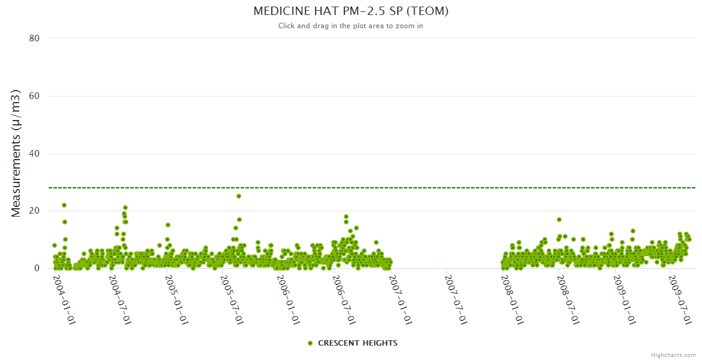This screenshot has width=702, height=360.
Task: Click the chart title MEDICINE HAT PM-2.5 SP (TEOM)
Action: pyautogui.click(x=351, y=11)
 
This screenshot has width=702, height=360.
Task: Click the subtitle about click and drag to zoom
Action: pyautogui.click(x=351, y=26)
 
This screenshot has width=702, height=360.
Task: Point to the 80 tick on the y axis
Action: pyautogui.click(x=34, y=38)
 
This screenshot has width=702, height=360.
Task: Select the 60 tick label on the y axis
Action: pyautogui.click(x=34, y=96)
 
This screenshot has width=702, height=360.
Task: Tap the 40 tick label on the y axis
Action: pyautogui.click(x=34, y=154)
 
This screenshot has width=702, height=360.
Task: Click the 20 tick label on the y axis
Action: pyautogui.click(x=34, y=211)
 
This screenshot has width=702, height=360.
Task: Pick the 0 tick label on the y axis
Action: pyautogui.click(x=37, y=269)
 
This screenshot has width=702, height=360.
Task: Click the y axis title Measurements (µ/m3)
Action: pyautogui.click(x=17, y=153)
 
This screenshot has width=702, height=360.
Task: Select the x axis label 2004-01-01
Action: pyautogui.click(x=64, y=299)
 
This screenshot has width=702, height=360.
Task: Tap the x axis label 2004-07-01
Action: pyautogui.click(x=120, y=299)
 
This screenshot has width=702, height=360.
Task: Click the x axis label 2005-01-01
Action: pyautogui.click(x=176, y=299)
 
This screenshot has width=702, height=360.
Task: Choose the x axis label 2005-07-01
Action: pyautogui.click(x=232, y=299)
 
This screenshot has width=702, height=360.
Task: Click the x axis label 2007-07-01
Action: pyautogui.click(x=457, y=299)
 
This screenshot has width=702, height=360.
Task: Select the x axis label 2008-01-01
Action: pyautogui.click(x=513, y=299)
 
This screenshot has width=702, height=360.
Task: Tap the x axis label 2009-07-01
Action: pyautogui.click(x=681, y=299)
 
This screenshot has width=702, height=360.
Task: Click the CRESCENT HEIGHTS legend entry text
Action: pyautogui.click(x=358, y=343)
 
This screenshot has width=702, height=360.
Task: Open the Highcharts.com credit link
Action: pyautogui.click(x=673, y=355)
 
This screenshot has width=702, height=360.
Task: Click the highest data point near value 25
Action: pyautogui.click(x=239, y=196)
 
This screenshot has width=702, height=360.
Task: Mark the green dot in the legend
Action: pyautogui.click(x=310, y=343)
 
